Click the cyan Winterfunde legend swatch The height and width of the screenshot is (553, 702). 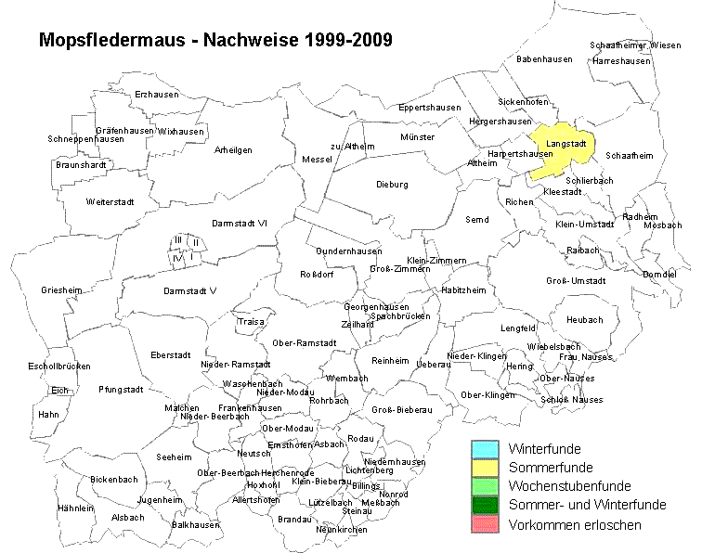[487, 450]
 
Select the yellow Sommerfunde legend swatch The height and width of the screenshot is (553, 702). [487, 468]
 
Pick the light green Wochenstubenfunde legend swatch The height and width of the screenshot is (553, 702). [487, 486]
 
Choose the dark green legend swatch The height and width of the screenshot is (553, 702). [487, 505]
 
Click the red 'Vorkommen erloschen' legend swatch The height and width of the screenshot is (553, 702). [487, 524]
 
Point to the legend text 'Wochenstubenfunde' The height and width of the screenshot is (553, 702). [569, 486]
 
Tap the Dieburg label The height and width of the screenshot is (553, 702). [392, 184]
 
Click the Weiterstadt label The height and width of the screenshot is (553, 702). [110, 201]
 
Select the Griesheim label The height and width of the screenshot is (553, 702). [61, 290]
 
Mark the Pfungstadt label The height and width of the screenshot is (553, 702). [121, 390]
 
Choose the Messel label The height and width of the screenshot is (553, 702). [318, 160]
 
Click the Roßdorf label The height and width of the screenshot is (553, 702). [317, 273]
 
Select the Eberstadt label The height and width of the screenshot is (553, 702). [169, 354]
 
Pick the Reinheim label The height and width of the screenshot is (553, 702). [389, 360]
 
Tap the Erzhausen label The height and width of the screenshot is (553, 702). [156, 95]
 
